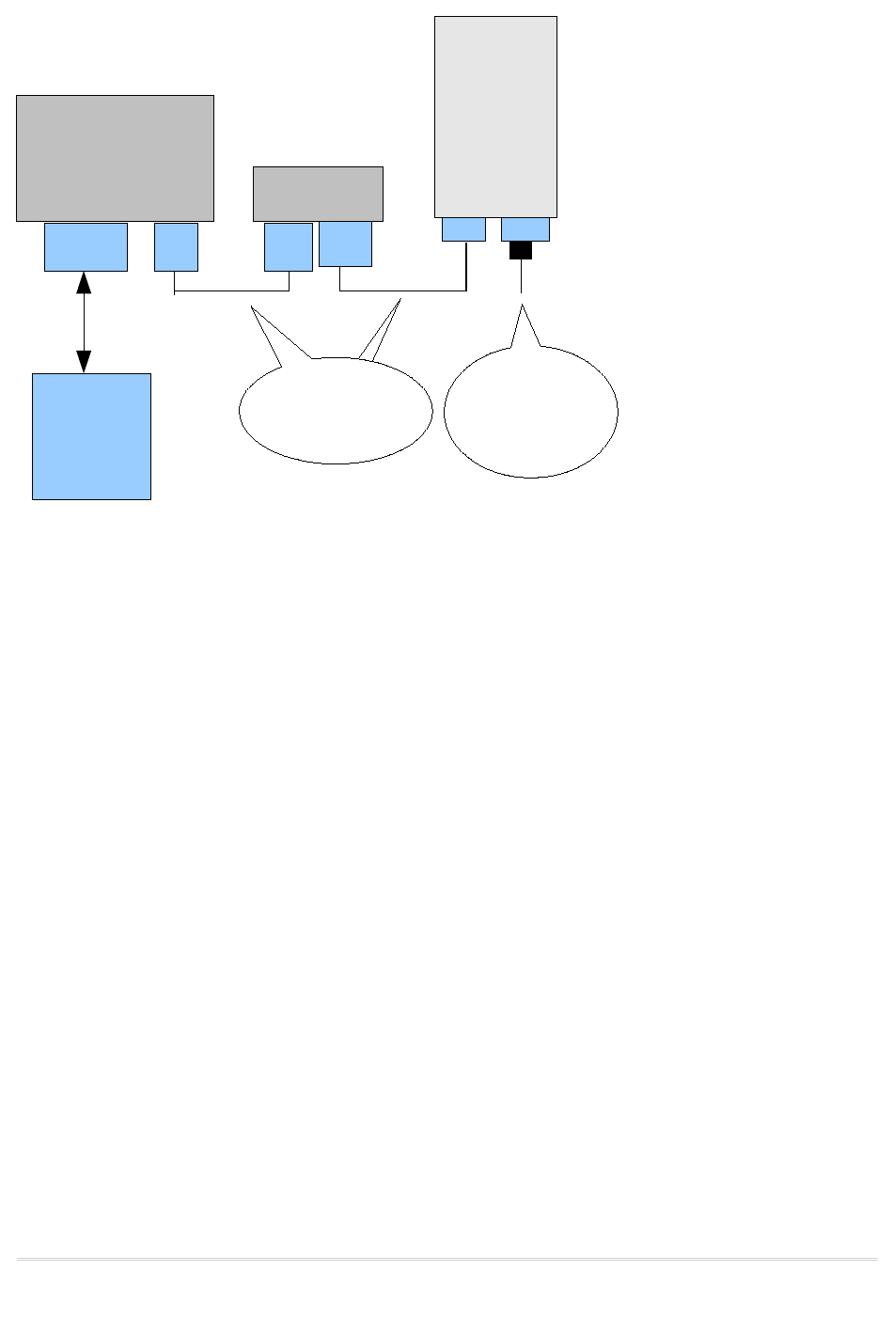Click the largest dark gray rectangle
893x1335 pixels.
[x=115, y=158]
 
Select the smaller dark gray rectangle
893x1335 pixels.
[x=318, y=194]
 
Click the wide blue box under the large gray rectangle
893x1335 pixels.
[x=86, y=247]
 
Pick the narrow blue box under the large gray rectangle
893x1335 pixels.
[x=176, y=247]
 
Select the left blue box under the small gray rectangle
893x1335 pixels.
[x=288, y=247]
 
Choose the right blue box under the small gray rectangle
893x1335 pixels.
[x=345, y=244]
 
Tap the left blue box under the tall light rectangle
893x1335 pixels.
[x=463, y=229]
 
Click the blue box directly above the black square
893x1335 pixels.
[x=525, y=229]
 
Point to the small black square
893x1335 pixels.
[x=521, y=250]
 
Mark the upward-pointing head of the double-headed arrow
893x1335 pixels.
[x=84, y=282]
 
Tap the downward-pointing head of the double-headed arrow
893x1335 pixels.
[x=84, y=362]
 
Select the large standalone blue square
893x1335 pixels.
[x=91, y=436]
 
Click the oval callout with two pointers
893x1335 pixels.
[x=336, y=411]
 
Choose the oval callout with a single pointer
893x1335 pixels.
[x=530, y=413]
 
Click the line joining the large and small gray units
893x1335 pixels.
[x=231, y=291]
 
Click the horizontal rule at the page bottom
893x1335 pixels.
[x=446, y=1259]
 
